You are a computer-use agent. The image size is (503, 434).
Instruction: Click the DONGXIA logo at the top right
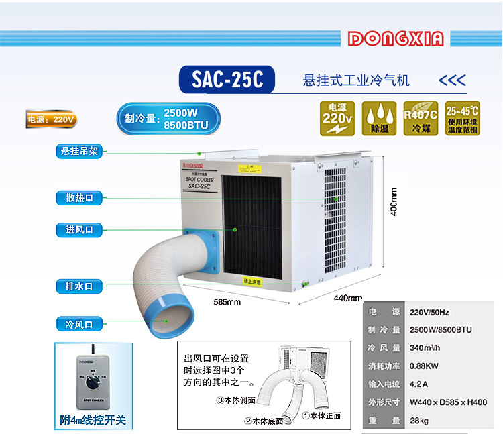click(396, 39)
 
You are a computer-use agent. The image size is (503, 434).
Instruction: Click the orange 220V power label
click(51, 120)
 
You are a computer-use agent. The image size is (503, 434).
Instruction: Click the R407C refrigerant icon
click(421, 119)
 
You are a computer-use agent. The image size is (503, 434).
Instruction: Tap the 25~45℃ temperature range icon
click(462, 119)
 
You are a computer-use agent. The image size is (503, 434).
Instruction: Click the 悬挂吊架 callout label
click(79, 151)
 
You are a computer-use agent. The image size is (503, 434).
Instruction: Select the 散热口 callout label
click(79, 197)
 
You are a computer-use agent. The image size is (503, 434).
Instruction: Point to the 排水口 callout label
click(79, 286)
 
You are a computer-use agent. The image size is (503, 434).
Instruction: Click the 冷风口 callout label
click(79, 324)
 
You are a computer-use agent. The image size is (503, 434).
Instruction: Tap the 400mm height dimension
click(394, 201)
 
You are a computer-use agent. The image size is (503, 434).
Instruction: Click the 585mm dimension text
click(227, 301)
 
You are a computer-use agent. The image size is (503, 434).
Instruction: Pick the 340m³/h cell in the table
click(425, 347)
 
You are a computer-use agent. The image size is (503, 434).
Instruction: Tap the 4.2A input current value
click(418, 384)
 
